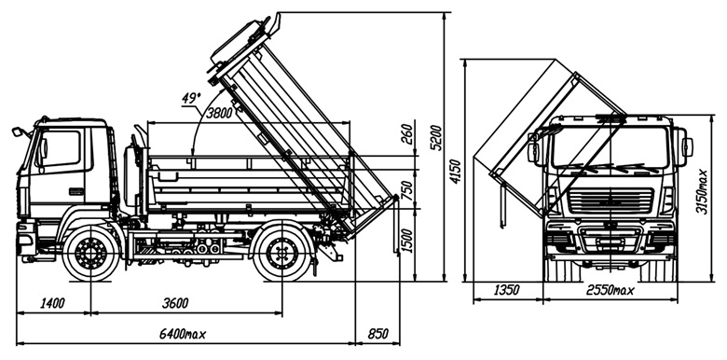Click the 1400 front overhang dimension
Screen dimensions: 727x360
click(x=52, y=303)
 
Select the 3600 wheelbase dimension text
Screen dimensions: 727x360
click(x=175, y=303)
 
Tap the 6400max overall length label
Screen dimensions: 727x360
click(x=182, y=334)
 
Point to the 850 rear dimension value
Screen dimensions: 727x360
click(x=377, y=334)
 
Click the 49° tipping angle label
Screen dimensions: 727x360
click(x=192, y=98)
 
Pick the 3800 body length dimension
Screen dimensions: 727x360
click(x=219, y=113)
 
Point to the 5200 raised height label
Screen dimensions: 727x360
click(x=436, y=138)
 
